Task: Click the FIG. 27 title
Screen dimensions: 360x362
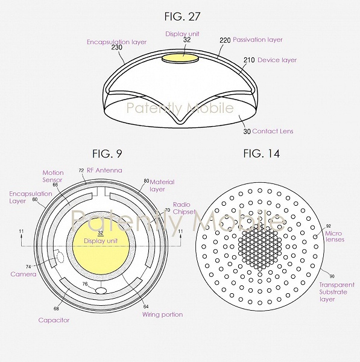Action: [182, 16]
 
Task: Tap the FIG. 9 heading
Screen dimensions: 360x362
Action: [107, 153]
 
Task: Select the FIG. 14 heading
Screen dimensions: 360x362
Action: [262, 153]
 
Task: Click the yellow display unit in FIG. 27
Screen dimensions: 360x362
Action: [180, 58]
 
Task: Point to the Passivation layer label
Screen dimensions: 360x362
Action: [257, 39]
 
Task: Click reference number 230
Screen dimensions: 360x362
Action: [117, 47]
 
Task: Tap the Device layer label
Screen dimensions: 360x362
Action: [277, 60]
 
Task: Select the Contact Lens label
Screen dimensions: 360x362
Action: [273, 131]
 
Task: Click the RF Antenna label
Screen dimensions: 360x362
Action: [104, 170]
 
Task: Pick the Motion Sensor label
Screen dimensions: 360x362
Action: [53, 176]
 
